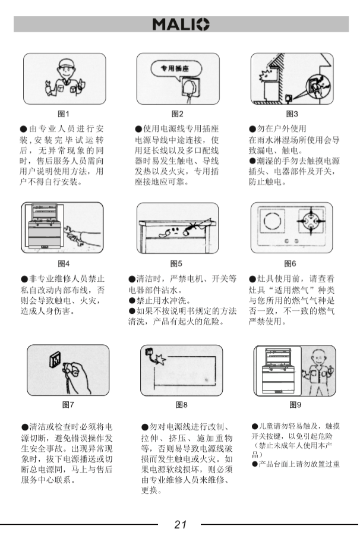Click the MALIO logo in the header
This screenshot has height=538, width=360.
(181, 24)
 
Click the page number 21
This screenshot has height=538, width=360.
(181, 524)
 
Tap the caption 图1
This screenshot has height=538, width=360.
(64, 114)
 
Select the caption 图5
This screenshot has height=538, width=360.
(176, 263)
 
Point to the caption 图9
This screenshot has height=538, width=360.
(295, 405)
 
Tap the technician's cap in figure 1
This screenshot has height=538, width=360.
(67, 64)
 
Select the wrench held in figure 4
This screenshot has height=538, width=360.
(75, 236)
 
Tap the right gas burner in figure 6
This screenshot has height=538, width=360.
(310, 221)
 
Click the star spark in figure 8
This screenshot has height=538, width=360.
(160, 360)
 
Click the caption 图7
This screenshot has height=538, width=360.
(68, 405)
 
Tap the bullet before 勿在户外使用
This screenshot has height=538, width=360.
(252, 130)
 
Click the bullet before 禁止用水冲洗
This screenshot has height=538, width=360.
(132, 301)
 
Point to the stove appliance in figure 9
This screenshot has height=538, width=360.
(277, 371)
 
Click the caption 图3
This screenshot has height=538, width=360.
(292, 114)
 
